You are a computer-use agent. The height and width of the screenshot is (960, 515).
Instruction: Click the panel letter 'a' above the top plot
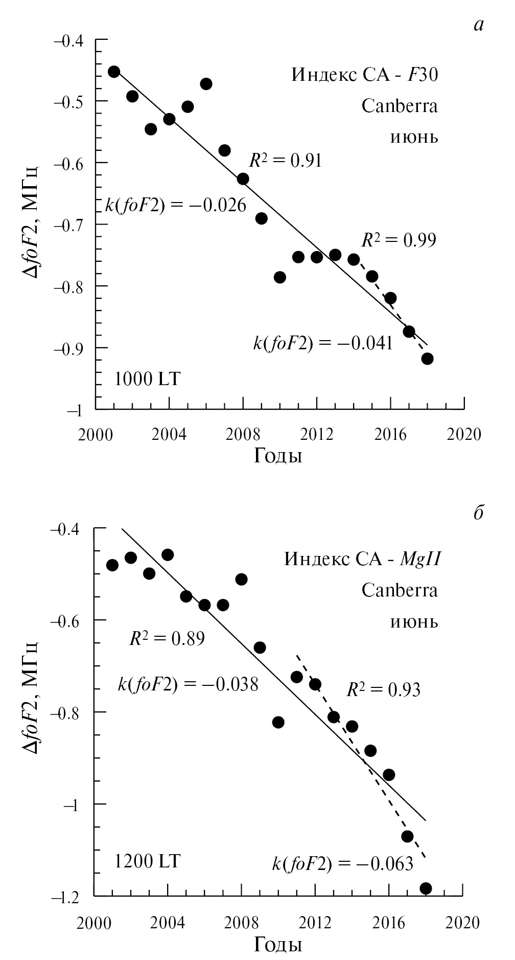[x=478, y=25]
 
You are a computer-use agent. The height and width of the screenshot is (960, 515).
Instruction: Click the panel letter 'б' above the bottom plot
[x=478, y=513]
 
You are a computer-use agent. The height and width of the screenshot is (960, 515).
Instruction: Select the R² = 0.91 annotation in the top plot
[x=285, y=161]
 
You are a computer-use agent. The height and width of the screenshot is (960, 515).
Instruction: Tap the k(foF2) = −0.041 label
[x=323, y=343]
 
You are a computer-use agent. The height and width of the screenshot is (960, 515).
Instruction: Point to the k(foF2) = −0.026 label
[x=176, y=206]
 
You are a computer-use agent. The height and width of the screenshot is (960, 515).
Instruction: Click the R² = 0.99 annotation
[x=399, y=239]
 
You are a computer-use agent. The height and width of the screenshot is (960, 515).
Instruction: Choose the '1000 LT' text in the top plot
[x=148, y=379]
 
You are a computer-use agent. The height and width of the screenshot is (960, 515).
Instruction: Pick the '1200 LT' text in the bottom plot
[x=148, y=861]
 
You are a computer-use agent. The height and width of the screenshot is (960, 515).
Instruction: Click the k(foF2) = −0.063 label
[x=342, y=864]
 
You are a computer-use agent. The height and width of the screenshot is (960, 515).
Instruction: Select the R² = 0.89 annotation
[x=167, y=638]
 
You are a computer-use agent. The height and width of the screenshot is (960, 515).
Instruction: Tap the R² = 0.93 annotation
[x=383, y=690]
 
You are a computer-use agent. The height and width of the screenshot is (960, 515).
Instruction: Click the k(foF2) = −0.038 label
[x=188, y=684]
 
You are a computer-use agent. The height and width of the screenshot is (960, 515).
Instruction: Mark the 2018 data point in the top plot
[x=427, y=359]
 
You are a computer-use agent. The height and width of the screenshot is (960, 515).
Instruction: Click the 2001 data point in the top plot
[x=114, y=72]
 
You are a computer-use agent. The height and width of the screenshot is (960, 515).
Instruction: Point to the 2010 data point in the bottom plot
[x=278, y=722]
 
